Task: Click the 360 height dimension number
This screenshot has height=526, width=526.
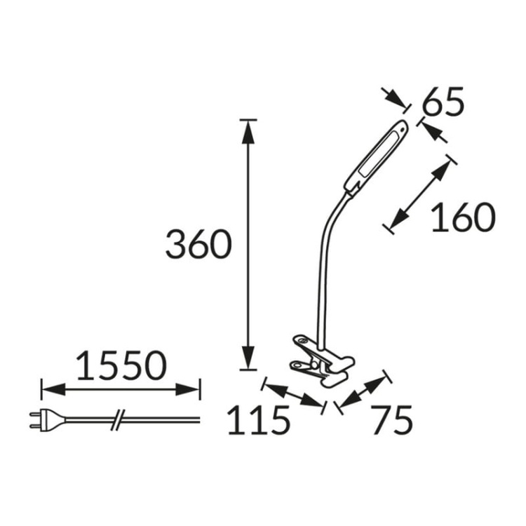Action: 198,245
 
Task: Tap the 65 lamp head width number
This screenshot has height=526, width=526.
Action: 444,103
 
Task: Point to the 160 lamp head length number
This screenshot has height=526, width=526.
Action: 462,218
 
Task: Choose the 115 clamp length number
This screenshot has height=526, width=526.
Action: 258,420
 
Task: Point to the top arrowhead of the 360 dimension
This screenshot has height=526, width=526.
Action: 245,130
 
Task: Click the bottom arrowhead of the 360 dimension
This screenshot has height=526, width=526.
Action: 245,358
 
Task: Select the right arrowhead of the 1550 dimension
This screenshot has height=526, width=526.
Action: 191,388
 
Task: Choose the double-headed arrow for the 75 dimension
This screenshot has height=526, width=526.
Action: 363,391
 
